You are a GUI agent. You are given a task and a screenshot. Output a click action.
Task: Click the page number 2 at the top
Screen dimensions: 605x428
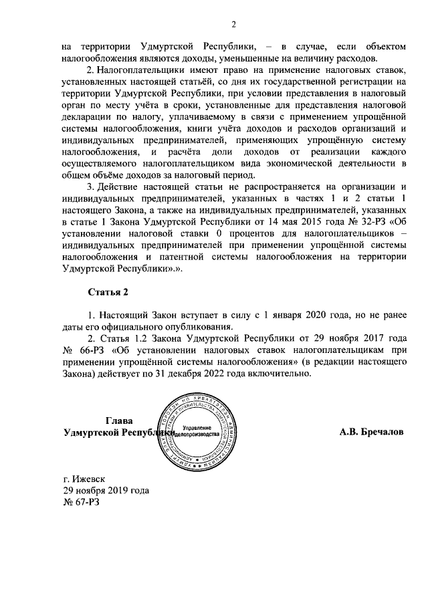pos(234,25)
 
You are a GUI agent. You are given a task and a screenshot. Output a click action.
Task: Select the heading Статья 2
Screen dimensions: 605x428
pos(108,291)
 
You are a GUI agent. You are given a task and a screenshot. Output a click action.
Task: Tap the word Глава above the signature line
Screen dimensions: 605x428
pos(119,420)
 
